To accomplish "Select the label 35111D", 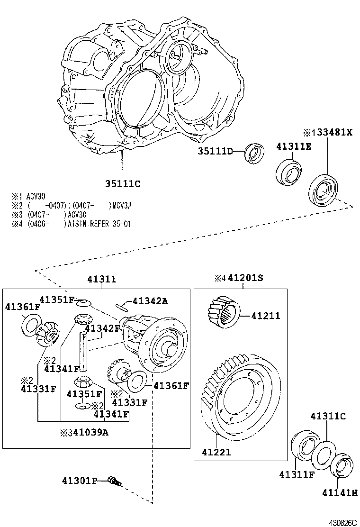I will (x=216, y=152).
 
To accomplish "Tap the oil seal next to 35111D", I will (x=256, y=154).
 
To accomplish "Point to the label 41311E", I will (x=294, y=146).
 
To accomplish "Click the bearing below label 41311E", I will (x=289, y=171).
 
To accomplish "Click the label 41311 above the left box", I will (x=101, y=280).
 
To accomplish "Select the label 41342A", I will (x=150, y=301).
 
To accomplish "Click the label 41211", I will (x=266, y=316).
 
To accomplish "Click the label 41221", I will (x=216, y=452).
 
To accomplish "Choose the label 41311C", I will (x=328, y=417).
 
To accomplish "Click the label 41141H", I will (x=341, y=493).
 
